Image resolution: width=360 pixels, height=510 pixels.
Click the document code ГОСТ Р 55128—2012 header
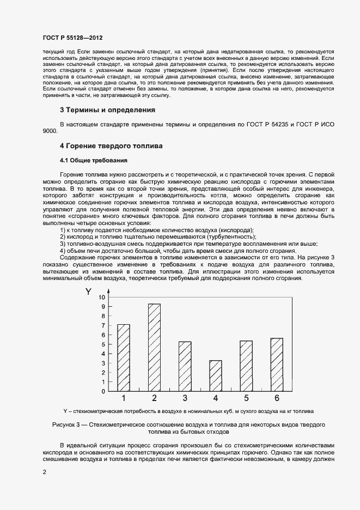pyautogui.click(x=72, y=38)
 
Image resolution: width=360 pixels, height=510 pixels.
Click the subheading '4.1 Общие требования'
pyautogui.click(x=93, y=161)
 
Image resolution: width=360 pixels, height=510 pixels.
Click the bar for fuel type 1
pyautogui.click(x=124, y=357)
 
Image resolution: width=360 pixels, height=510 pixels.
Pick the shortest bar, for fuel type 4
pyautogui.click(x=216, y=375)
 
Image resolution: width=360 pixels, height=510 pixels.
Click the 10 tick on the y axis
pyautogui.click(x=101, y=297)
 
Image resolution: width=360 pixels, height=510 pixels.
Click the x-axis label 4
pyautogui.click(x=216, y=398)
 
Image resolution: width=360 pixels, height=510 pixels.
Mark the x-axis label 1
pyautogui.click(x=124, y=398)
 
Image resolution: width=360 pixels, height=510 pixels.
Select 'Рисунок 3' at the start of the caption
pyautogui.click(x=67, y=424)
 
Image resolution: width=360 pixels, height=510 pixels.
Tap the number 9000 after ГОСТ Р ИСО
pyautogui.click(x=51, y=131)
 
